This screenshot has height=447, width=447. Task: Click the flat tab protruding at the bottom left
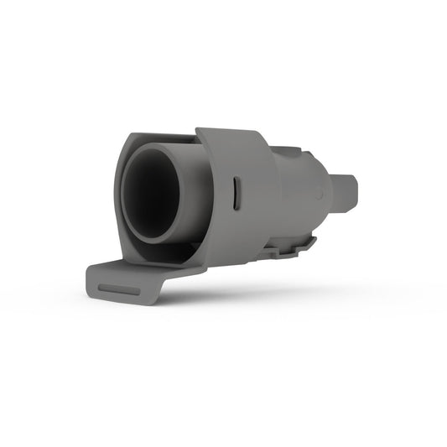(126, 281)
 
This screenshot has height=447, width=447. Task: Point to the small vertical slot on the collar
(237, 194)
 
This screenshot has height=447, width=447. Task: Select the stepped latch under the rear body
(295, 245)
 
